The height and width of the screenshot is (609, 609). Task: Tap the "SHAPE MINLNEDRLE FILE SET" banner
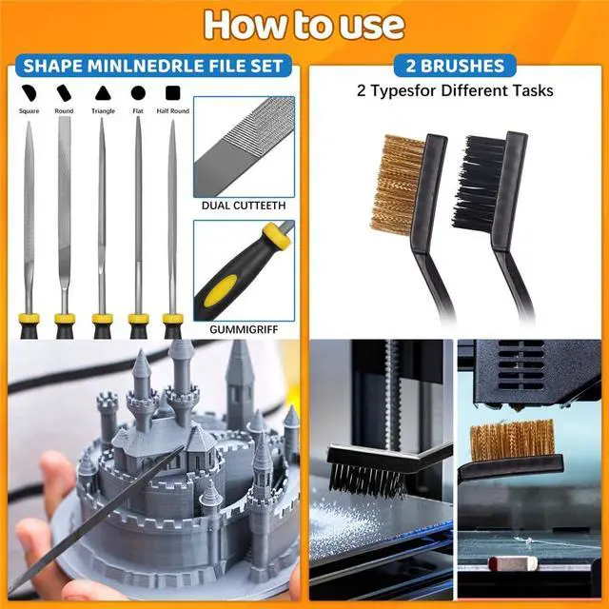pos(153,67)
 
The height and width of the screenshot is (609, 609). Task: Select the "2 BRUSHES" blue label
pos(455,67)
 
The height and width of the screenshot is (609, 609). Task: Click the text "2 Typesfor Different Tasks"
pos(455,91)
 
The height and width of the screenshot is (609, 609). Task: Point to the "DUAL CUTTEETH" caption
pos(244,205)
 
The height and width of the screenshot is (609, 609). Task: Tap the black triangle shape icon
pos(103,93)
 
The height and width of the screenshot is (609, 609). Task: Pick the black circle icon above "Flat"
pos(138,93)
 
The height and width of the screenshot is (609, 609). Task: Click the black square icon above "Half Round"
pos(173,93)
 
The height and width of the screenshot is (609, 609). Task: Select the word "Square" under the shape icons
pos(29,111)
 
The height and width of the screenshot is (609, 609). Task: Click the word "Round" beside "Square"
pos(65,111)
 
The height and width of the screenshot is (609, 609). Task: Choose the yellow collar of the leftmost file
pos(29,320)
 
